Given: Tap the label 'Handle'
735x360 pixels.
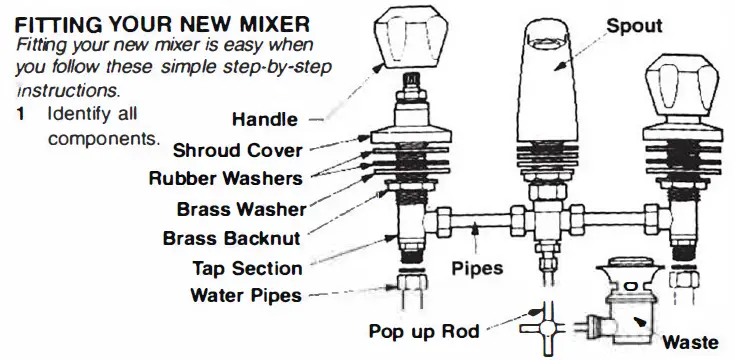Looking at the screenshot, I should pyautogui.click(x=264, y=120).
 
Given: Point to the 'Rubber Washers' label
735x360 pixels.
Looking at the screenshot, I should pyautogui.click(x=226, y=179).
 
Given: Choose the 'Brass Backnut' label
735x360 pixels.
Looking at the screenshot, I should pyautogui.click(x=232, y=239).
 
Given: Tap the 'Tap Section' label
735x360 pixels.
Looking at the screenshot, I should pyautogui.click(x=246, y=268).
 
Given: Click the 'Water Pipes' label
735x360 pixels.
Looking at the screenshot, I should pyautogui.click(x=245, y=295).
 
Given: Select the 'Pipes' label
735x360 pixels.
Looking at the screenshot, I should pyautogui.click(x=476, y=269).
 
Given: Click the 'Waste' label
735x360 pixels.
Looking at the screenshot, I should pyautogui.click(x=690, y=340).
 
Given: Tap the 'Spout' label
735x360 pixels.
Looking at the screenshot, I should pyautogui.click(x=634, y=25).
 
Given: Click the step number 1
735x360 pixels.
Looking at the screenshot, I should pyautogui.click(x=21, y=115).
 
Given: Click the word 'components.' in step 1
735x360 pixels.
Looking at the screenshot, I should pyautogui.click(x=103, y=137).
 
